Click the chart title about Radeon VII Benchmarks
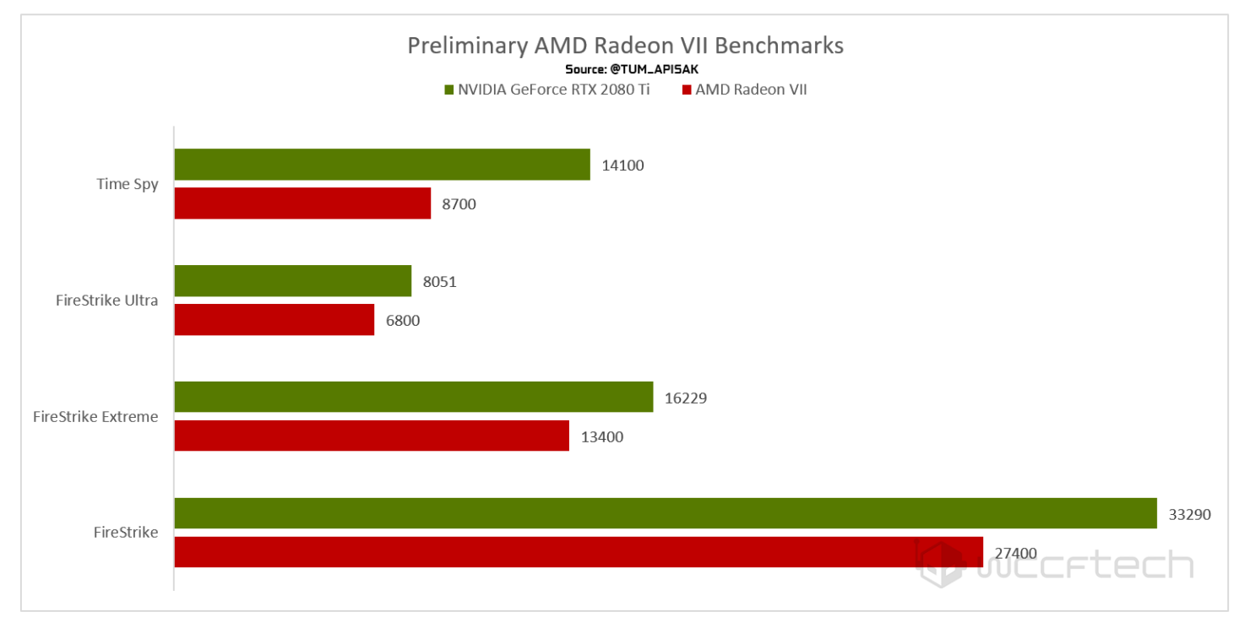625,45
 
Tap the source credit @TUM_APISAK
625,69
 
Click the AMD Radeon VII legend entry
744,89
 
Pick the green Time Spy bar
382,165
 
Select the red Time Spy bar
302,203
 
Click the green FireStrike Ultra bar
292,281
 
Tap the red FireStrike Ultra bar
274,320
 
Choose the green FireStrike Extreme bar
413,397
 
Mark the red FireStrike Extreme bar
372,436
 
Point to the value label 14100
622,165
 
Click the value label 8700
459,204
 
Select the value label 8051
439,282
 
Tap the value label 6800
402,321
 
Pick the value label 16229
685,398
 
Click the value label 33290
1189,514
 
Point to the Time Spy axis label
128,184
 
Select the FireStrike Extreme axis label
95,416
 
